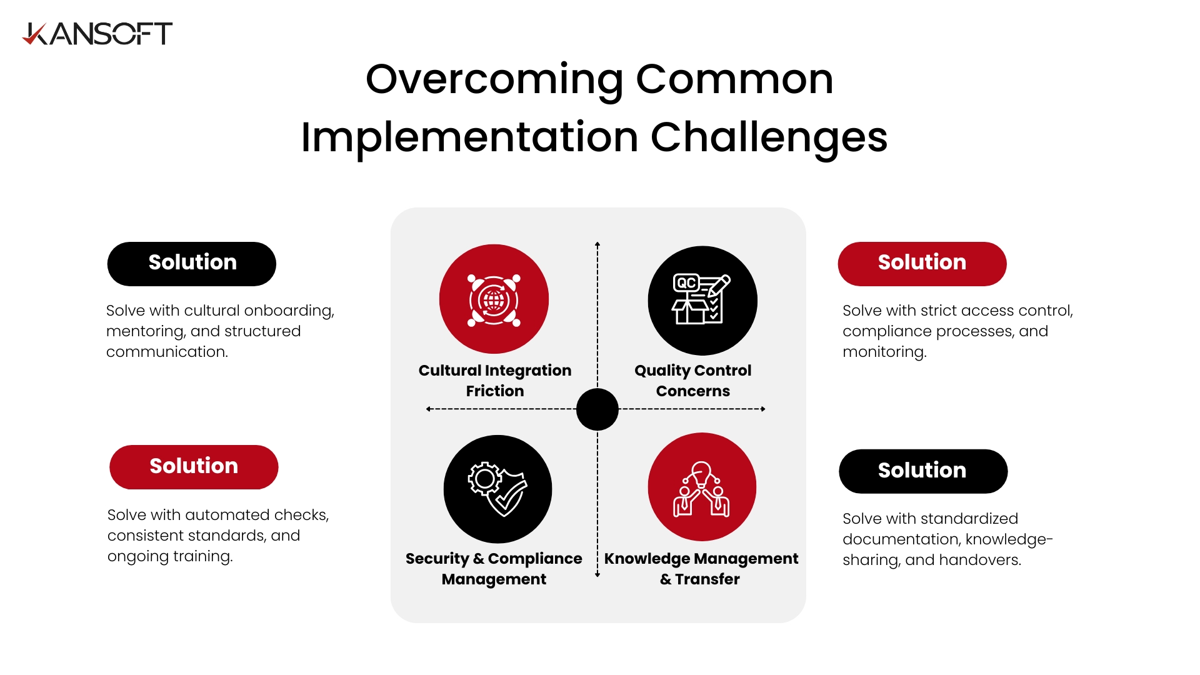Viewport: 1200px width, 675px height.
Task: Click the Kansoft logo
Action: point(97,34)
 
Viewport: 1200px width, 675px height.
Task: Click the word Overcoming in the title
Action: point(494,81)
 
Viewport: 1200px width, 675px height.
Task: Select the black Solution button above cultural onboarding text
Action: point(192,264)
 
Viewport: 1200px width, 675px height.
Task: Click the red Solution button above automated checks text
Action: point(194,467)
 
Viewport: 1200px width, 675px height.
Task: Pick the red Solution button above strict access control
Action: point(922,264)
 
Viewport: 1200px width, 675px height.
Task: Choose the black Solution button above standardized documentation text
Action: point(923,471)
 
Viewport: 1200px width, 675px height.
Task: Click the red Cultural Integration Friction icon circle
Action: point(494,299)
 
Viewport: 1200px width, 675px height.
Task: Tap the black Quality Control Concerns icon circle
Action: point(702,301)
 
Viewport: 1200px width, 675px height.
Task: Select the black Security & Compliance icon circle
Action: point(497,489)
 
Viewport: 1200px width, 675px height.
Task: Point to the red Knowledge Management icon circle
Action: point(702,487)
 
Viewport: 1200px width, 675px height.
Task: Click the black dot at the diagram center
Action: point(597,409)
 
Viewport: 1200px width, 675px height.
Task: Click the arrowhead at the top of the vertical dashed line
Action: point(597,244)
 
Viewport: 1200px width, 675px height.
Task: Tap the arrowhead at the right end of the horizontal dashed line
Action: point(763,409)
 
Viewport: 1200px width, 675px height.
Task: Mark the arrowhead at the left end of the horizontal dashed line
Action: point(429,409)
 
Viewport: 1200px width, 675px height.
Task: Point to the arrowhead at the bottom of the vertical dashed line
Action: point(597,574)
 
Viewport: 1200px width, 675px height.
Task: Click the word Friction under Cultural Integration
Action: point(495,391)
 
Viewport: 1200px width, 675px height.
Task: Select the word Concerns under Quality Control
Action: point(693,391)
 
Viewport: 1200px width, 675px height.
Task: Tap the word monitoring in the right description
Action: point(884,352)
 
